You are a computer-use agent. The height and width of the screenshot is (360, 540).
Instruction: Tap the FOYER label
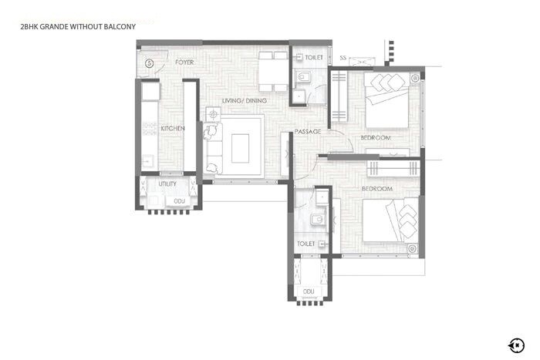tap(184, 62)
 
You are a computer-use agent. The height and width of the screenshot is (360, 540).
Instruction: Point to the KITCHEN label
tap(172, 129)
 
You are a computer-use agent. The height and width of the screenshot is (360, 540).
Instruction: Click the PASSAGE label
tap(308, 132)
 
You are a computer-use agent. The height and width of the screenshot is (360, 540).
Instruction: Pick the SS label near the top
tap(343, 58)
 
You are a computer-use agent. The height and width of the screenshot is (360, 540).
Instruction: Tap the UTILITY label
tap(167, 184)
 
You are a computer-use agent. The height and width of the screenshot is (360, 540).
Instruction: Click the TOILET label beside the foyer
tap(314, 57)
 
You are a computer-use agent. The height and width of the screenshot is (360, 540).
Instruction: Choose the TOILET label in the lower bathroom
tap(306, 244)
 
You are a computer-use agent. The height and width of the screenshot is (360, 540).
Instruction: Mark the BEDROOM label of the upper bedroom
tap(376, 138)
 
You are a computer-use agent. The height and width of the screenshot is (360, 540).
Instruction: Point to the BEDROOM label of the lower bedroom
tap(377, 188)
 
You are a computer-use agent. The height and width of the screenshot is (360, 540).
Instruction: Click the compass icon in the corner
tap(515, 344)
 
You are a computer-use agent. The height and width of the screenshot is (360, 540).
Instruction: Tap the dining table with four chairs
tap(272, 72)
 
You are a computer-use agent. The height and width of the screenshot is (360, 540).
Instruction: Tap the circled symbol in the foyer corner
tap(149, 62)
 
